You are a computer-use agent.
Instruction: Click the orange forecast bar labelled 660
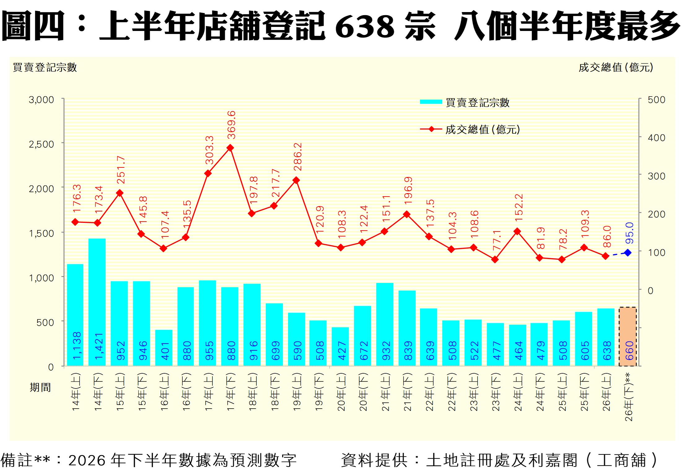point(627,336)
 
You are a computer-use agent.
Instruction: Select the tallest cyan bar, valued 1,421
point(97,302)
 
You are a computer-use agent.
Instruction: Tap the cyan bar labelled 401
point(164,348)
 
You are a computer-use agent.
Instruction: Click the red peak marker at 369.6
point(230,148)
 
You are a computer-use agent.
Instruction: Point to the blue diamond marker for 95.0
point(628,253)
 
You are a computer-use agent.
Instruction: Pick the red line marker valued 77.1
point(495,259)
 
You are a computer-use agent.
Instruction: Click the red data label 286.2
point(298,157)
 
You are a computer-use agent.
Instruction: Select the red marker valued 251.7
point(120,193)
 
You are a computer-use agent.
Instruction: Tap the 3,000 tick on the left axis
point(42,100)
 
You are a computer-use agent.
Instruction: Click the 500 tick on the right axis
point(656,100)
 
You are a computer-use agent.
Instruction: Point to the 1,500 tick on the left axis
point(42,233)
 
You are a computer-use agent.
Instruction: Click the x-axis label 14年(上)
point(76,392)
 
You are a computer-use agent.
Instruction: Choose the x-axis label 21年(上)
point(386,392)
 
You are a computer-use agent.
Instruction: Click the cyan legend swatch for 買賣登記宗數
point(431,102)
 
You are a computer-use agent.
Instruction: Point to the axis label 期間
point(40,387)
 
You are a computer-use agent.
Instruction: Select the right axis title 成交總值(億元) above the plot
point(616,67)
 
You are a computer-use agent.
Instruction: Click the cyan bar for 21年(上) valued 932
point(385,324)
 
